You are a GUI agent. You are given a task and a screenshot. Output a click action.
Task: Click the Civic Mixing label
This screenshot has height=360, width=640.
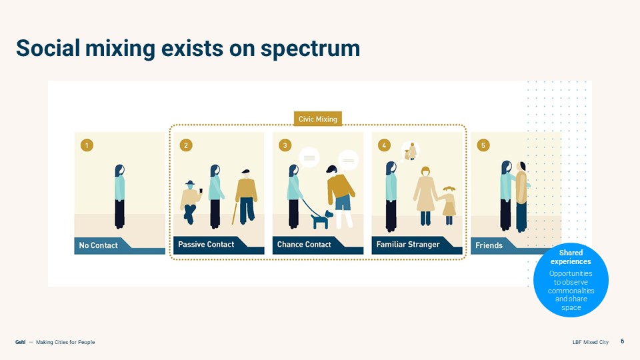[317, 119]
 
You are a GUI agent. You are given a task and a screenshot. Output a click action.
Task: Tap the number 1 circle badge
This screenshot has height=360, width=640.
[85, 145]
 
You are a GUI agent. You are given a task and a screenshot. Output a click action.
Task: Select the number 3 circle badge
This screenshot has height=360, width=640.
[285, 145]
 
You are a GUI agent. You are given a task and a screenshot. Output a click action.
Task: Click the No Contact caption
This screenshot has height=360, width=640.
[98, 245]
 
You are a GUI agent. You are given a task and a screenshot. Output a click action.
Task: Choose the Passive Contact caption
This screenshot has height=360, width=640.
[206, 245]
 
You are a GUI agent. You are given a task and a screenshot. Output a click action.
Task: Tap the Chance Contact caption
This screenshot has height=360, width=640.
[304, 245]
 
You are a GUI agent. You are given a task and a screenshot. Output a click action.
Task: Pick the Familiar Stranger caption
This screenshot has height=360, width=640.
[408, 245]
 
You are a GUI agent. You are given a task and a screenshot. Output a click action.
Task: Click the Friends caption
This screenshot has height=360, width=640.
[489, 245]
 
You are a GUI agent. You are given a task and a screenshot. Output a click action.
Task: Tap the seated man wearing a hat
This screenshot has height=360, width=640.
[191, 201]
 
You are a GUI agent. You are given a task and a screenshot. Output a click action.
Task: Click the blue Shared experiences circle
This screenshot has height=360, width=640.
[570, 280]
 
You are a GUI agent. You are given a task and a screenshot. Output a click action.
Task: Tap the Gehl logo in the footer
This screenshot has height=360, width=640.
[21, 342]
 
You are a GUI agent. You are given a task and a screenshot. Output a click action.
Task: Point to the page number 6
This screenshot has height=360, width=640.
[622, 341]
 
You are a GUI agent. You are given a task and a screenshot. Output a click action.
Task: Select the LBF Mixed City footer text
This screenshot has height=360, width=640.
[591, 342]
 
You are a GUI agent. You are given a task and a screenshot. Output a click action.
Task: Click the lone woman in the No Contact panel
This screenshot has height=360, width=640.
[119, 197]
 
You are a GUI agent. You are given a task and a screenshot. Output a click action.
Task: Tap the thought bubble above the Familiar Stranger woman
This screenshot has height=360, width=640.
[410, 153]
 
